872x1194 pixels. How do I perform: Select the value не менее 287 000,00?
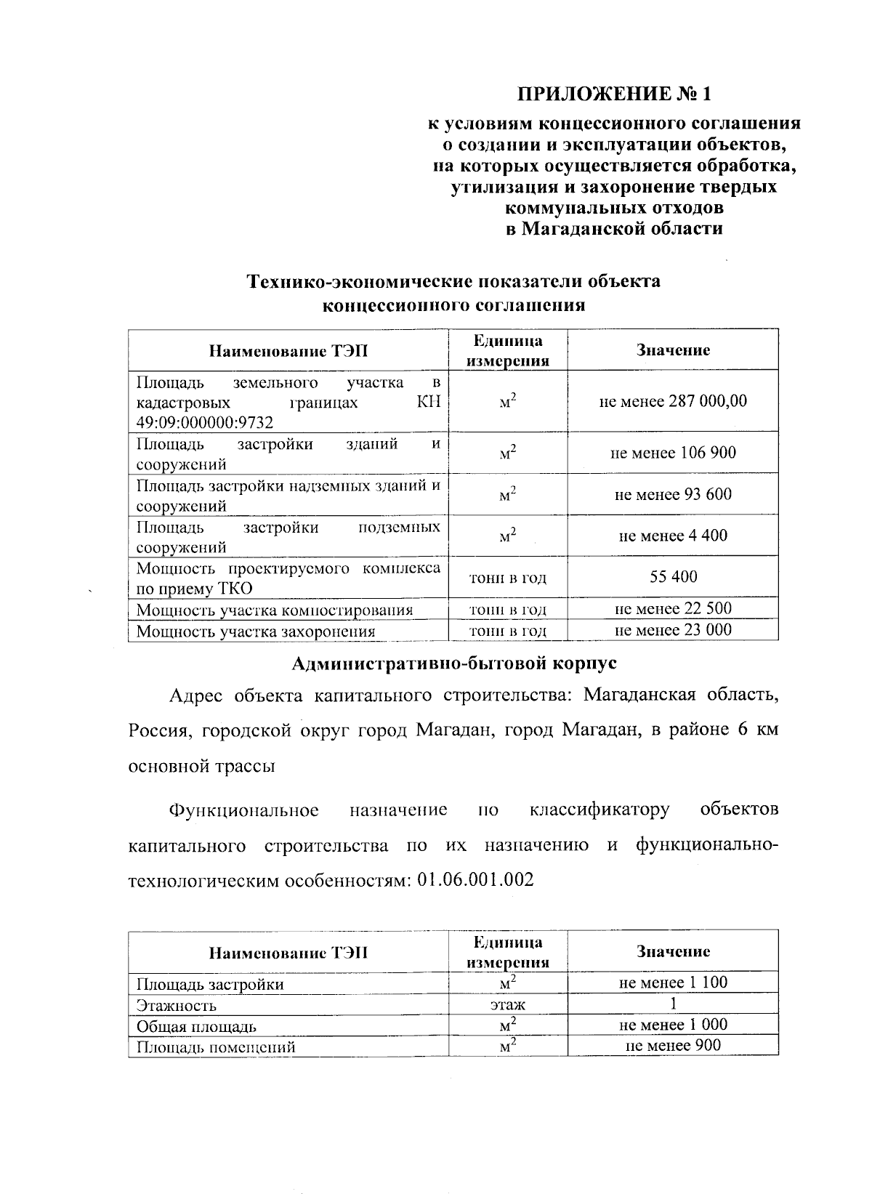click(x=673, y=401)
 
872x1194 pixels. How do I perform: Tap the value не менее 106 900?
click(x=673, y=453)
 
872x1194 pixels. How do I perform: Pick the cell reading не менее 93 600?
click(x=673, y=494)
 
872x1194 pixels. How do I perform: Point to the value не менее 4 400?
click(x=673, y=536)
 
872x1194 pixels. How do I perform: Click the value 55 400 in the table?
click(x=673, y=577)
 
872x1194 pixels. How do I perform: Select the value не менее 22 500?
click(x=673, y=608)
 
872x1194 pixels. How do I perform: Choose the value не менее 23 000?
click(x=673, y=630)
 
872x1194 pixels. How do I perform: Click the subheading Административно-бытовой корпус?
click(x=453, y=663)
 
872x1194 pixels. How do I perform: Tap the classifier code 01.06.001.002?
click(x=476, y=880)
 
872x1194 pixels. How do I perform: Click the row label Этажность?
click(x=177, y=1006)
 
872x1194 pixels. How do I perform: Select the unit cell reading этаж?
click(x=507, y=1005)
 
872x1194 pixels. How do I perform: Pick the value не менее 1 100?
click(x=673, y=983)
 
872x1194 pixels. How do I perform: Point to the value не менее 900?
click(x=673, y=1046)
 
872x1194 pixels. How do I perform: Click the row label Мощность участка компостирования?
click(x=275, y=610)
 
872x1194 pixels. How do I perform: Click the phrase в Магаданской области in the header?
click(x=613, y=229)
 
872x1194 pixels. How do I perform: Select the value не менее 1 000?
click(x=673, y=1025)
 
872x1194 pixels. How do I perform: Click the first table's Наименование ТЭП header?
click(x=288, y=351)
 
